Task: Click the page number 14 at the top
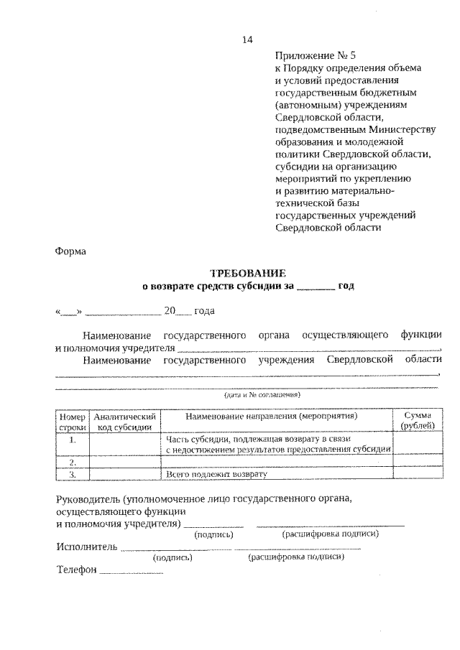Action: tap(247, 40)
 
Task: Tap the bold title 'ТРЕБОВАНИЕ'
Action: tap(247, 273)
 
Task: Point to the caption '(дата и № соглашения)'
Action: tap(262, 394)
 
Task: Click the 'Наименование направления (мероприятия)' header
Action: tap(277, 416)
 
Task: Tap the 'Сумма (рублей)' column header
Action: tap(417, 421)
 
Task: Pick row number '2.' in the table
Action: tap(73, 462)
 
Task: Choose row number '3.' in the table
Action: tap(73, 474)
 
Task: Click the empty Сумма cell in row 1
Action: tap(417, 444)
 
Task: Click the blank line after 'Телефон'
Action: tap(131, 572)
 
